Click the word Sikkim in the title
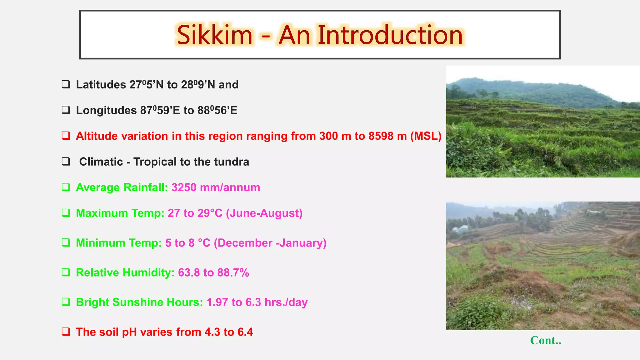214,35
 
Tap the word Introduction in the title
390,35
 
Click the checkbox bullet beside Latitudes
66,84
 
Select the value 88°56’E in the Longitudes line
217,110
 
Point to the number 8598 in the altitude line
381,136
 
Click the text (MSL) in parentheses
426,136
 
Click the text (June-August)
264,213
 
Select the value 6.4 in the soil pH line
245,332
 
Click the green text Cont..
545,340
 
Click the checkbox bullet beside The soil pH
66,332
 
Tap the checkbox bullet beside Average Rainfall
66,187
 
